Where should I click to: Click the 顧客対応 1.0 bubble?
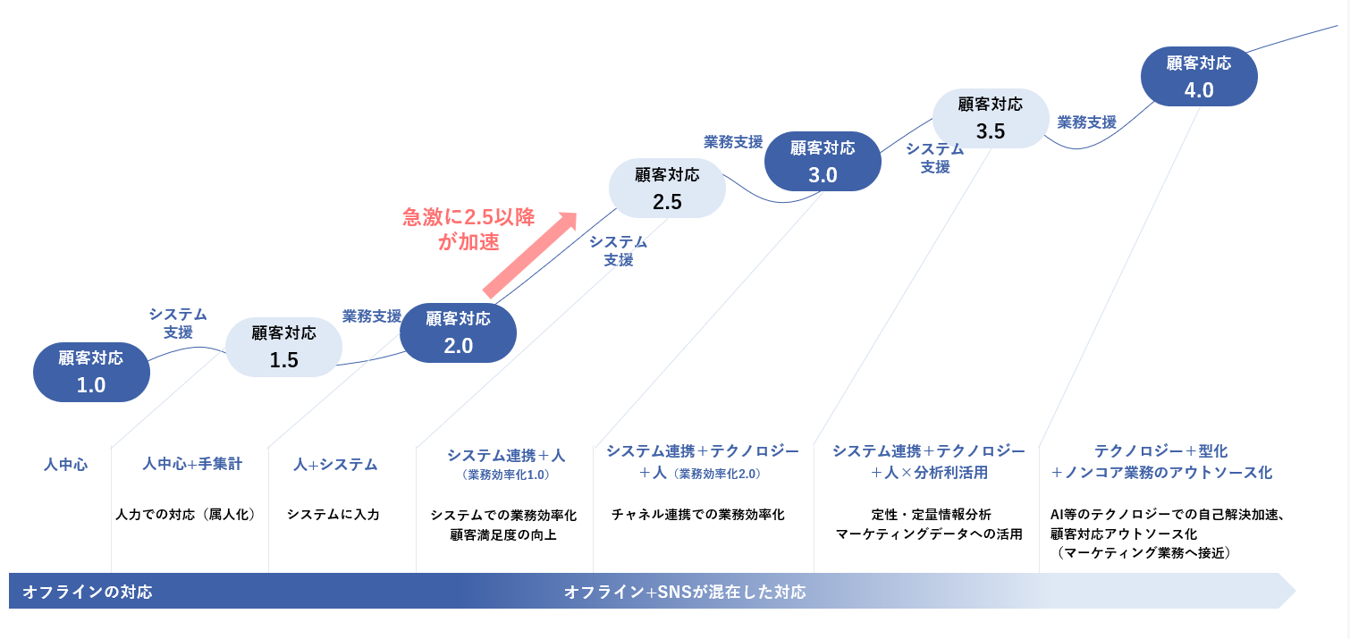click(x=91, y=371)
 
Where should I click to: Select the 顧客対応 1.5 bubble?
click(x=283, y=347)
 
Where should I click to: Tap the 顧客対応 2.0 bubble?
click(x=458, y=332)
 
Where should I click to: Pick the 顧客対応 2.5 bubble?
click(x=667, y=188)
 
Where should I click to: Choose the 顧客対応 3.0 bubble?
click(x=823, y=162)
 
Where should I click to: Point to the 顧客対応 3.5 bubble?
click(x=991, y=118)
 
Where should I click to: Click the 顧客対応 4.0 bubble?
click(x=1199, y=77)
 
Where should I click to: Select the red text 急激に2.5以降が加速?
click(x=468, y=228)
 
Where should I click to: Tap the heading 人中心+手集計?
click(x=192, y=464)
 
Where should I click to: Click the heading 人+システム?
click(x=335, y=464)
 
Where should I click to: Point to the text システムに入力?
click(x=333, y=514)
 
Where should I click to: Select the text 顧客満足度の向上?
click(x=503, y=535)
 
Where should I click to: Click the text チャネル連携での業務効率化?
click(x=697, y=514)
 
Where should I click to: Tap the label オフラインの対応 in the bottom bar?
click(x=88, y=592)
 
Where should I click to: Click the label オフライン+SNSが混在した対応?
click(x=685, y=592)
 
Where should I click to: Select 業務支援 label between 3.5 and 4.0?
click(x=1086, y=122)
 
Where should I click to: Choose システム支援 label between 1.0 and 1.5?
click(x=178, y=323)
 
